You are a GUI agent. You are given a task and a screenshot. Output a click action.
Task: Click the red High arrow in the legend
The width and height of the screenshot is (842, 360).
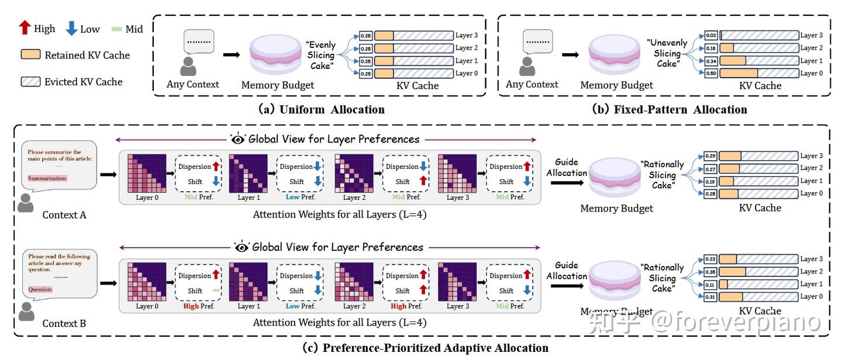point(24,28)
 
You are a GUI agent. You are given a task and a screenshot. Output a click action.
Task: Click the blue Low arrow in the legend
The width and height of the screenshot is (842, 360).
point(72,29)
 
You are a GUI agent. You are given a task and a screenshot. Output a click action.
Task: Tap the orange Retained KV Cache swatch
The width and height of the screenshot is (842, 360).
point(30,55)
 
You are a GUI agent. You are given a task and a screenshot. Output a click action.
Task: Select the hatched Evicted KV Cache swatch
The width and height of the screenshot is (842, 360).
point(30,81)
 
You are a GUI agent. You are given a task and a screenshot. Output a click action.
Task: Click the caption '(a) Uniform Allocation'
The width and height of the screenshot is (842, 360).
point(321,109)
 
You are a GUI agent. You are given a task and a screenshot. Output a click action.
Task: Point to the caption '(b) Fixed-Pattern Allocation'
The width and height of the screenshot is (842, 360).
point(669,109)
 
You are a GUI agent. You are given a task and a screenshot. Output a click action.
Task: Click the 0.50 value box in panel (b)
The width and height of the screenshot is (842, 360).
point(711,74)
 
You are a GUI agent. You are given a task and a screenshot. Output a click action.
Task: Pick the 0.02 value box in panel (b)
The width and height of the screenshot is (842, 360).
point(711,36)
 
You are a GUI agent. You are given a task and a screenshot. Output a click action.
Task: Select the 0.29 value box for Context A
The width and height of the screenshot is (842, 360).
point(710,156)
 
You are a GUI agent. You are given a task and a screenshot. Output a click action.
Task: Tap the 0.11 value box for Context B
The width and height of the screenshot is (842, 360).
point(710,284)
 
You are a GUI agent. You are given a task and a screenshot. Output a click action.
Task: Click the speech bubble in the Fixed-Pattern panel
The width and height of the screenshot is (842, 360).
point(537,42)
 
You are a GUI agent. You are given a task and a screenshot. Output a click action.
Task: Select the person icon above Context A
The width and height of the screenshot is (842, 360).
point(26,203)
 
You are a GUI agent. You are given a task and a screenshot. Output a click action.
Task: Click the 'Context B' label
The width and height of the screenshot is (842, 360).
point(64,323)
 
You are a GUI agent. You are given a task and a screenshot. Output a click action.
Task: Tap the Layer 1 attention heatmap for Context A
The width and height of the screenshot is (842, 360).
point(248,174)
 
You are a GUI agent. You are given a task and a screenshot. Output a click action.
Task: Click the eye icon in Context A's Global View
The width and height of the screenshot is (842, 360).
point(238,139)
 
